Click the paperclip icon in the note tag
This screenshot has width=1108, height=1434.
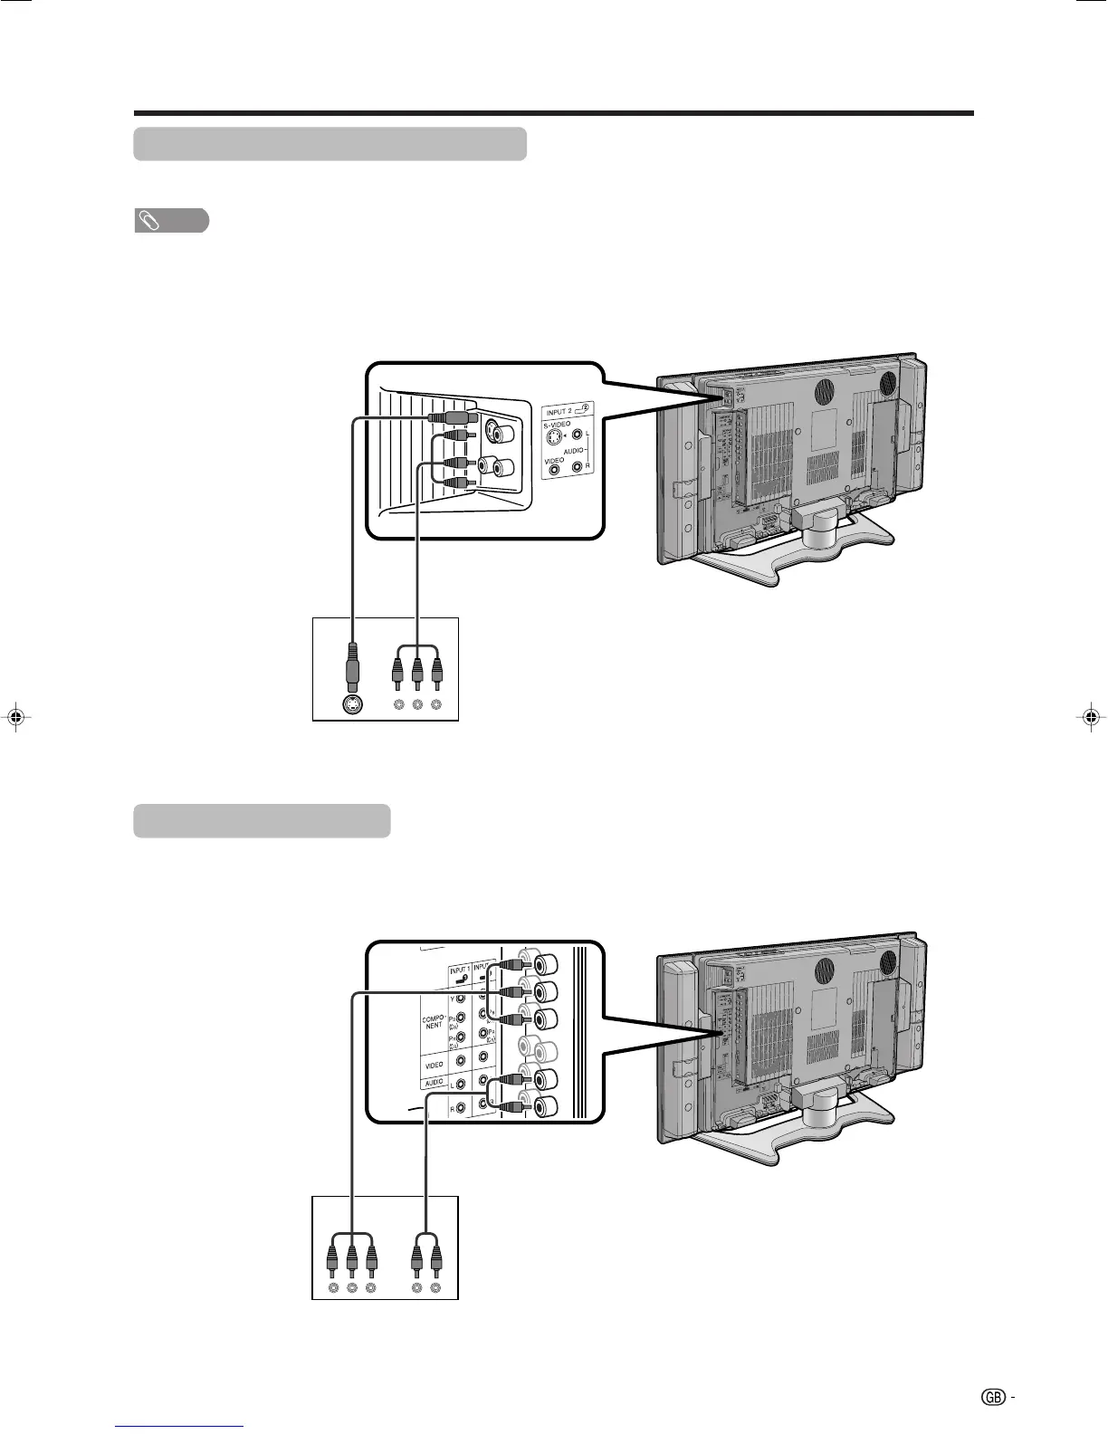click(x=147, y=220)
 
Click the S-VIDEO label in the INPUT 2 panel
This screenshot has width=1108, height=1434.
click(x=558, y=424)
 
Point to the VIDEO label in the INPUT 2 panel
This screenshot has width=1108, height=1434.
click(x=554, y=460)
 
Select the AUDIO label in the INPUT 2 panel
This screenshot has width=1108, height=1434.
click(x=574, y=450)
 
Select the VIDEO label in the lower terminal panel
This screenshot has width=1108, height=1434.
click(x=434, y=1065)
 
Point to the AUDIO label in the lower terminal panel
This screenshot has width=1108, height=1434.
click(x=434, y=1083)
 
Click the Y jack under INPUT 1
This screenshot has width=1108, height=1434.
click(x=462, y=999)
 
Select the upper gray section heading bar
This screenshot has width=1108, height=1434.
click(x=330, y=144)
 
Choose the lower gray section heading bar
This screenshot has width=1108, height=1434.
click(x=262, y=821)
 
